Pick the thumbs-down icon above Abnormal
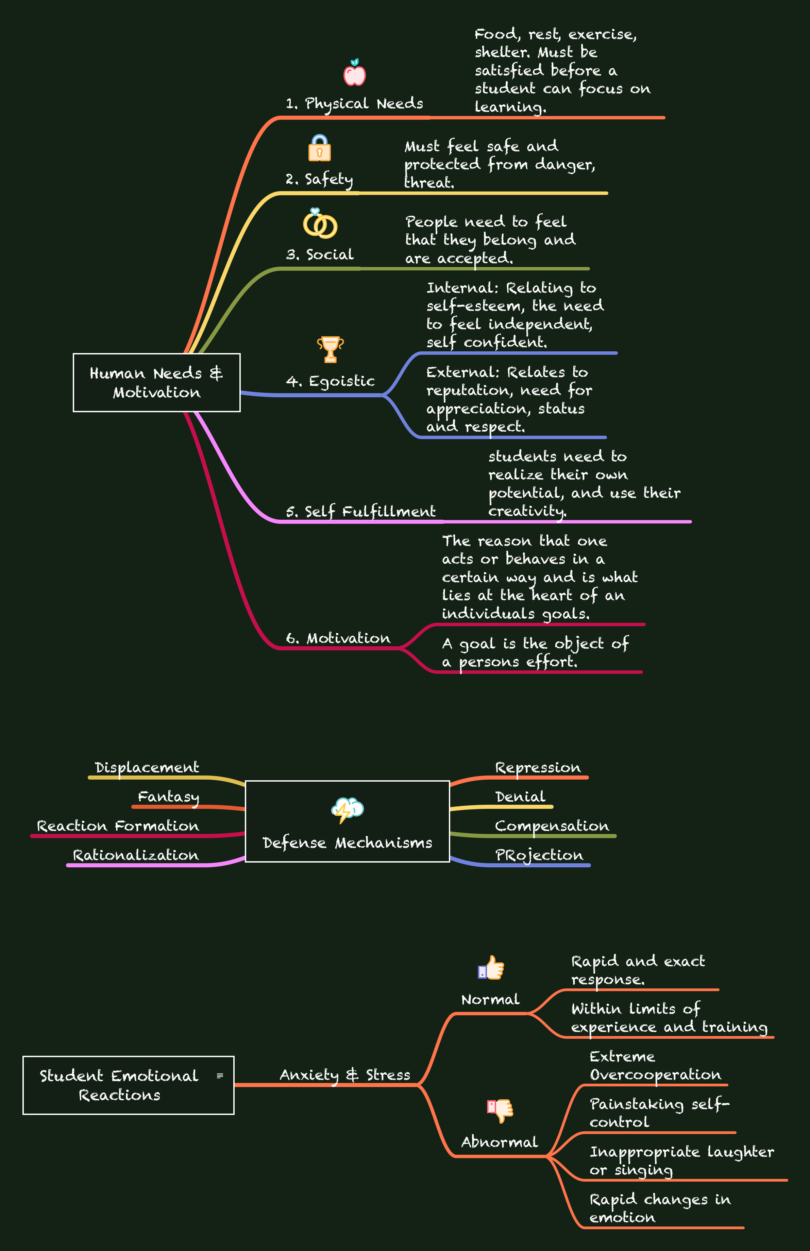click(x=500, y=1110)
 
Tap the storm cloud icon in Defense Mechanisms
click(x=348, y=810)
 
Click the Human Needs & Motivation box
click(x=157, y=383)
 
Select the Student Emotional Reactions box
click(x=128, y=1085)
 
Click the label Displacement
click(x=147, y=767)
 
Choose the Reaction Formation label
click(x=118, y=826)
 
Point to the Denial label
click(x=520, y=797)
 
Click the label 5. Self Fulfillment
click(x=360, y=512)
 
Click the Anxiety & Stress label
click(x=345, y=1075)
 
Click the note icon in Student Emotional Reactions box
click(x=220, y=1076)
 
